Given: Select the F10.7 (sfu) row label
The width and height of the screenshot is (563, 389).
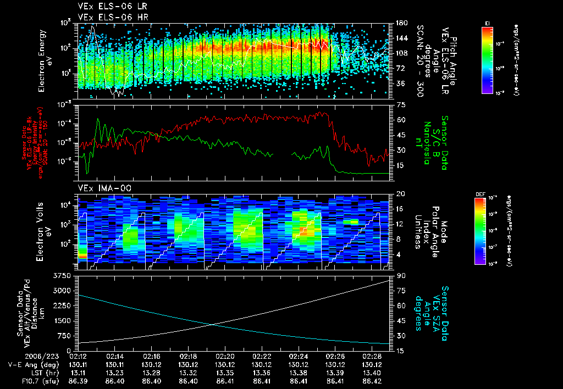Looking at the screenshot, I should (21, 380).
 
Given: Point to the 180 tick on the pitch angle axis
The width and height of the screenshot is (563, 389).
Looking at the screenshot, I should (401, 23).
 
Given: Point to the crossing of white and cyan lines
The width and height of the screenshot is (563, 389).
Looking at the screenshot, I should (212, 325).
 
